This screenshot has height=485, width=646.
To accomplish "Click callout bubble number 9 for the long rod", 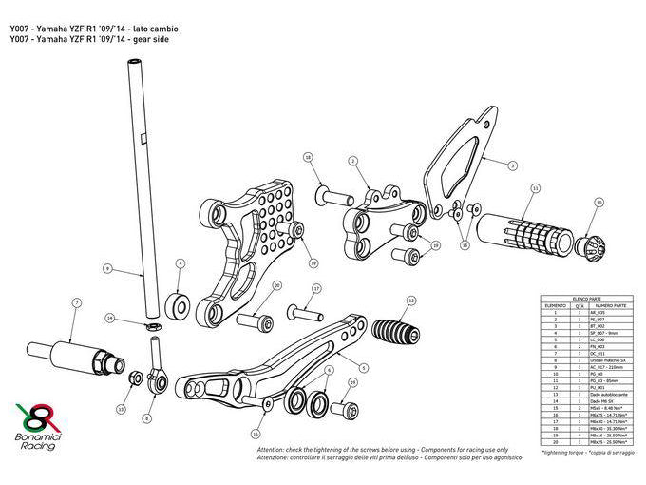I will coord(107,270).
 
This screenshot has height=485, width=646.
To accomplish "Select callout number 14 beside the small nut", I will coord(110,317).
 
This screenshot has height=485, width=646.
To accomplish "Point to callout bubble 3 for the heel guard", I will coord(511,165).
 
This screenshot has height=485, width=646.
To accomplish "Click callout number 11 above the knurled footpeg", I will coord(535,189).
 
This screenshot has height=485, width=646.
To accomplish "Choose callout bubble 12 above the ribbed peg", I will coord(410,301).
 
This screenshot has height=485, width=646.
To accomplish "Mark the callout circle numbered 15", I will coord(465,244).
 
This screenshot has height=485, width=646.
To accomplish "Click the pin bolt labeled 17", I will coord(303,310).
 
